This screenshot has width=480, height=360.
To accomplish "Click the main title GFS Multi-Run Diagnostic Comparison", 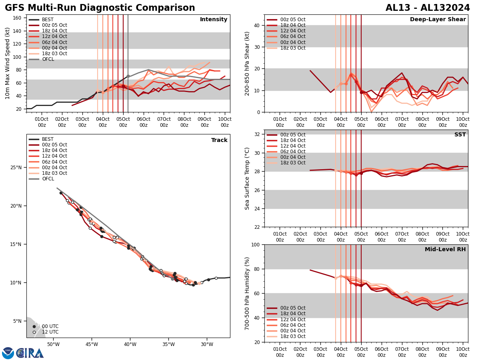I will click(100, 8).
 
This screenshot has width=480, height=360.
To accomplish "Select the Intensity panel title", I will click(213, 20).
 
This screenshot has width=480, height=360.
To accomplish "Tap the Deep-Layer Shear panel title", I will click(438, 20).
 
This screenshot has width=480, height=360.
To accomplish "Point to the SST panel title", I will click(460, 135).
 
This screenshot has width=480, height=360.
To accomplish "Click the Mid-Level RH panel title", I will click(445, 250).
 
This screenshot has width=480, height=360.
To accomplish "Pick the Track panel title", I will click(219, 140).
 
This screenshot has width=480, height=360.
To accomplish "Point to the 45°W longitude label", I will click(92, 345).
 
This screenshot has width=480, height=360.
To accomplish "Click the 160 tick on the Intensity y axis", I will click(18, 18).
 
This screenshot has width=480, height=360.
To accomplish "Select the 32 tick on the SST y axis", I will click(258, 134).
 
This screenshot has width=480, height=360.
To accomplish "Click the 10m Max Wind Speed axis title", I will click(8, 63).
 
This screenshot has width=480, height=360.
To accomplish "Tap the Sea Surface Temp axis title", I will click(247, 178).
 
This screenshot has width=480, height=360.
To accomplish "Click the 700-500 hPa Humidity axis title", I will click(247, 293).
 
